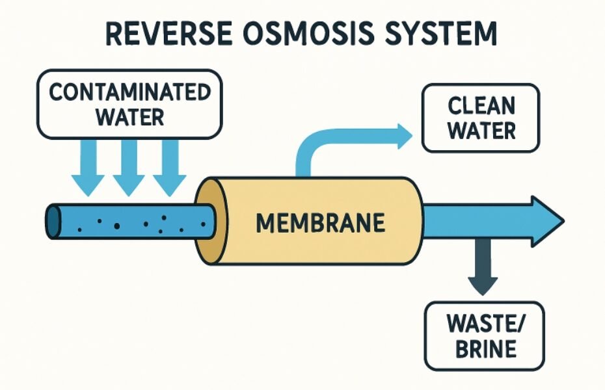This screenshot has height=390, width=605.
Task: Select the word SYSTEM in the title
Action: pyautogui.click(x=442, y=34)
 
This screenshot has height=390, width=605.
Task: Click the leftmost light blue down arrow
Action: pyautogui.click(x=88, y=170)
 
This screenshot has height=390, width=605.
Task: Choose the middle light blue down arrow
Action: pyautogui.click(x=129, y=170)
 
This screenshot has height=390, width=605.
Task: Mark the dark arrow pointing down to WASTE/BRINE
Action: pyautogui.click(x=482, y=270)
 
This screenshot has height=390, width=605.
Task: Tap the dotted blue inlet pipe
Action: pyautogui.click(x=130, y=222)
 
